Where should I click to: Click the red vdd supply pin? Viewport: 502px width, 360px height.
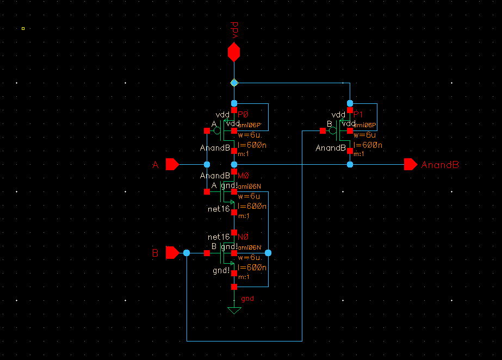234,52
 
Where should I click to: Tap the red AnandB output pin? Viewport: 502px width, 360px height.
411,164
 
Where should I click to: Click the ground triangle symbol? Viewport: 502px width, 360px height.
234,310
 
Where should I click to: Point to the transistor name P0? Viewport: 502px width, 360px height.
243,114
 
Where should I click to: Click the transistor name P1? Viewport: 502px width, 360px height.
358,114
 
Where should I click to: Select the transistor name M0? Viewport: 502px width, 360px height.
243,175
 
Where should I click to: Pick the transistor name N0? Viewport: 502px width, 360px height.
243,237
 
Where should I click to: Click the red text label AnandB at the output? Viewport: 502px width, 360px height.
440,165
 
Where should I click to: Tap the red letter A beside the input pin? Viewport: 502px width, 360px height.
156,165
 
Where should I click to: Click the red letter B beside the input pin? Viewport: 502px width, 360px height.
156,253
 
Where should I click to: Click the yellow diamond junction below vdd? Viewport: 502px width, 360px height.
234,83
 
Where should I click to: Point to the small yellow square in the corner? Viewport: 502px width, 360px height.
23,28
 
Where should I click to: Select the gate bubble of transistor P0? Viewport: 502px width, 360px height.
217,131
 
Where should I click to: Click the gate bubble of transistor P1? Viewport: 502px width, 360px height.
333,131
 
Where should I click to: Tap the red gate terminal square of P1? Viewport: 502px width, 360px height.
323,131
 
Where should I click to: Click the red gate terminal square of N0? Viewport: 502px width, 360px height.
207,253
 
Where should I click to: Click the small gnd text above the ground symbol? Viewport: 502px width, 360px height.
247,299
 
